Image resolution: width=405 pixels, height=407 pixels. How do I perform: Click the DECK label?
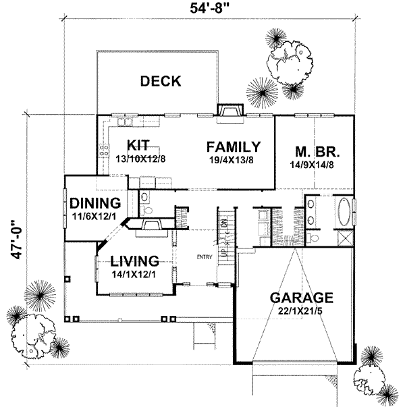tap(160, 82)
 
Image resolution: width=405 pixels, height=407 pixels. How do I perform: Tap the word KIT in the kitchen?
tap(138, 146)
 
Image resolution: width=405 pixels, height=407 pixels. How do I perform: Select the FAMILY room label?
tap(234, 146)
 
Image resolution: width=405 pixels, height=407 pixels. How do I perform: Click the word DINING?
tap(95, 202)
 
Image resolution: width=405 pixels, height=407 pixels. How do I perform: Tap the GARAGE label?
tap(301, 298)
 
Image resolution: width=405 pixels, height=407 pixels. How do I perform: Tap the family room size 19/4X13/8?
tap(234, 159)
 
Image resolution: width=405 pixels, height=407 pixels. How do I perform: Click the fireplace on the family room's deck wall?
tap(230, 111)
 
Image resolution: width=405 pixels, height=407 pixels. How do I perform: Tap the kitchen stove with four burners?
tap(105, 152)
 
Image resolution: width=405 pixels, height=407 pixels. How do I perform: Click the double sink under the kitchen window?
tap(125, 122)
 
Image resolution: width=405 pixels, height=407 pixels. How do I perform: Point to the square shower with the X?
tap(344, 237)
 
